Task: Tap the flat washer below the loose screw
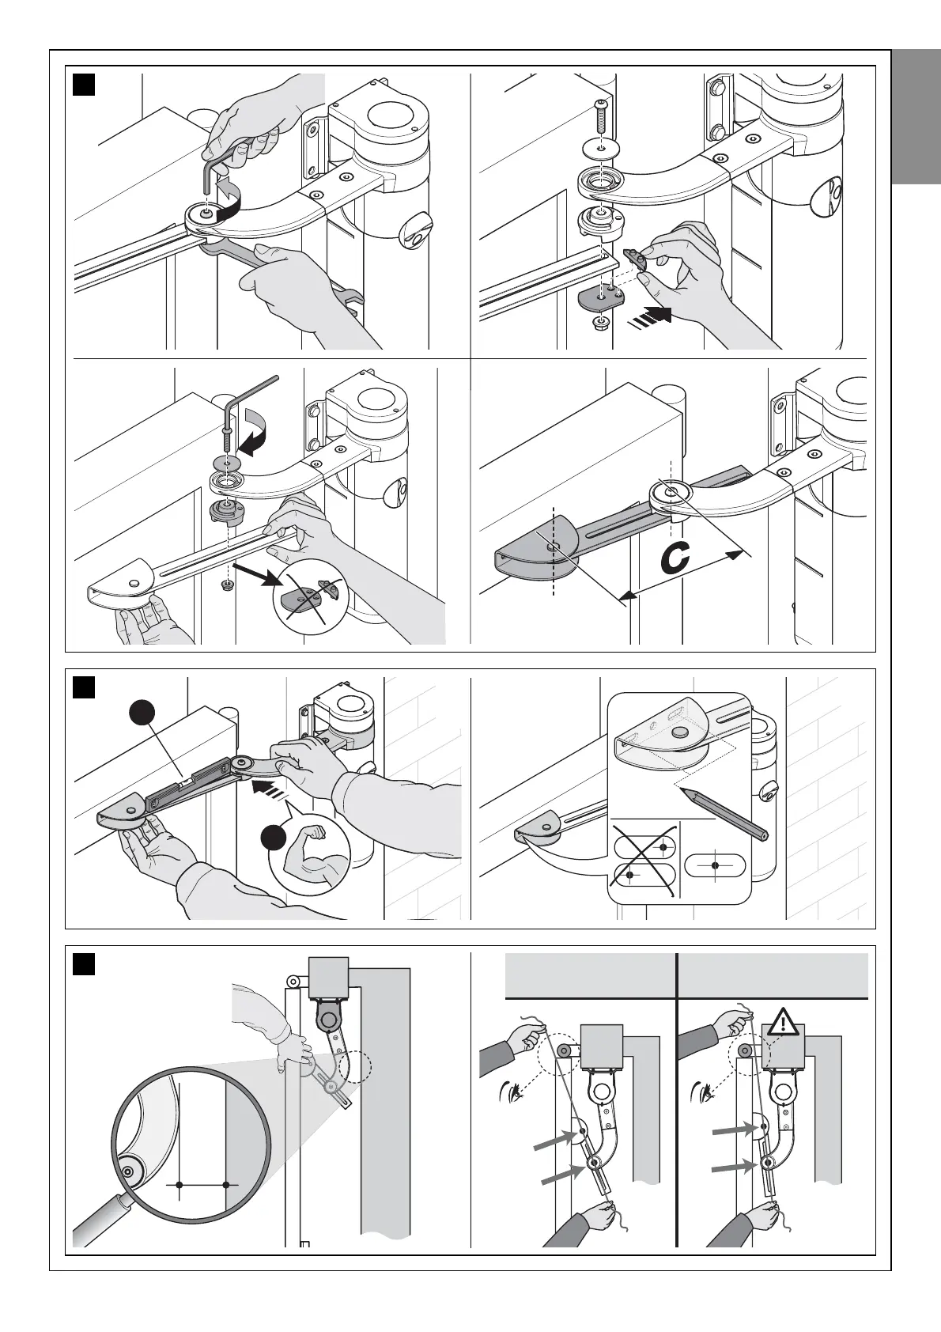tap(601, 148)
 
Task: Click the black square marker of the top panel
tap(84, 84)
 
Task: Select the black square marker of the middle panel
tap(84, 687)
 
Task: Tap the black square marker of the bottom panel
tap(84, 964)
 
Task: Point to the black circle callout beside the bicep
tap(274, 837)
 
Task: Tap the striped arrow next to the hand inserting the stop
tap(651, 316)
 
